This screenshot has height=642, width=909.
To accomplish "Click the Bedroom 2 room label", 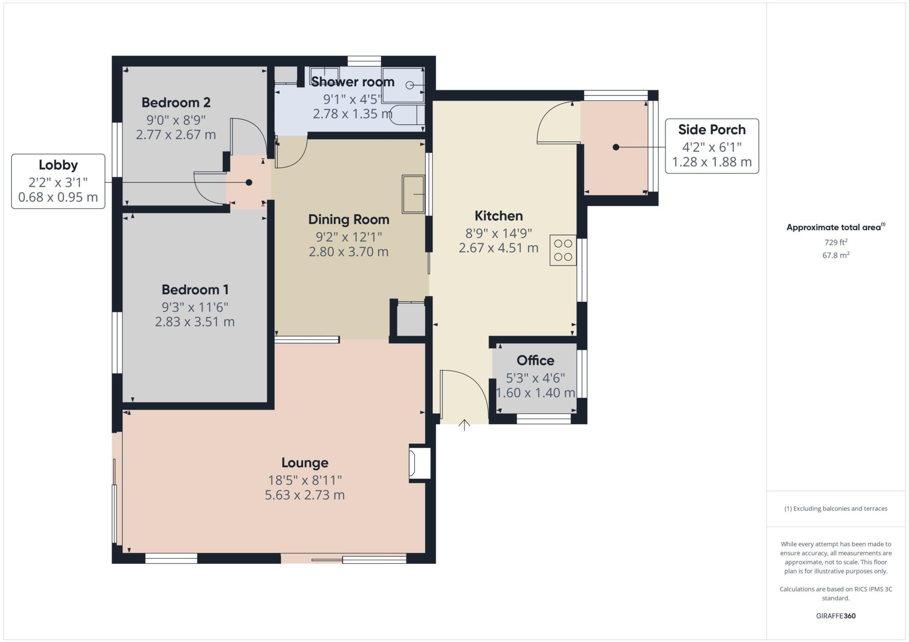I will click(x=176, y=102).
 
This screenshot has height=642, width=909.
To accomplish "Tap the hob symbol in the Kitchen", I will click(x=563, y=250).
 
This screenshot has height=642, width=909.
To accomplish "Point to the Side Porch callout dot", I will click(x=616, y=147).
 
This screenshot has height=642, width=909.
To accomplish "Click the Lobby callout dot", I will click(x=249, y=182).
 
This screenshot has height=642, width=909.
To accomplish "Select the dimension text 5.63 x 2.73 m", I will click(x=304, y=495).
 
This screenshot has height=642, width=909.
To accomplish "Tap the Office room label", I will click(x=535, y=360).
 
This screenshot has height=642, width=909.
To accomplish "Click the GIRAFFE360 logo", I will click(x=835, y=616).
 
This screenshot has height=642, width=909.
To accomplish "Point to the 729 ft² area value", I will click(x=836, y=242).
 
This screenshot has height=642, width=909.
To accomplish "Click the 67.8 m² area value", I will click(x=836, y=255).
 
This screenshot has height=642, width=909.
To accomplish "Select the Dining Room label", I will click(x=348, y=219).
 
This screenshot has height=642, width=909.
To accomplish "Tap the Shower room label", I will click(x=352, y=82).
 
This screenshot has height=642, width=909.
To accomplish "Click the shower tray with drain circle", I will click(x=403, y=85).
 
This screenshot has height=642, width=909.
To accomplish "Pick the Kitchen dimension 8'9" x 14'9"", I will click(x=498, y=233).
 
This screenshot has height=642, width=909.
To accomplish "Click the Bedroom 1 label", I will click(x=195, y=290).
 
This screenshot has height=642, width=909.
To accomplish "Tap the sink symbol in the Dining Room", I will click(x=413, y=194).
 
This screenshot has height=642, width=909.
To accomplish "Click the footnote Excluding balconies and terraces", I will click(x=836, y=509).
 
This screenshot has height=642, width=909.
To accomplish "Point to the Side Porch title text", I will click(x=711, y=129).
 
